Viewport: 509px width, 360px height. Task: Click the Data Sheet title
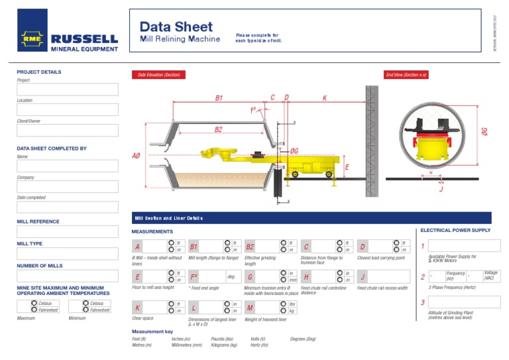(x=176, y=27)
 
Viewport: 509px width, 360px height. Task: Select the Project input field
(x=68, y=90)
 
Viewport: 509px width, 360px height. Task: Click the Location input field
(x=68, y=109)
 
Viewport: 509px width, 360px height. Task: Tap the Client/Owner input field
(x=68, y=131)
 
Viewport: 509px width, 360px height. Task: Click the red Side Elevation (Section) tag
(x=158, y=75)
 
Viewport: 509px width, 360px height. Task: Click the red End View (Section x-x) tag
(x=406, y=75)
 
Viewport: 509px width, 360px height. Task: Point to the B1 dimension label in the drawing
(x=219, y=98)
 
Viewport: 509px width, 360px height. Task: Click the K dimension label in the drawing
(x=324, y=98)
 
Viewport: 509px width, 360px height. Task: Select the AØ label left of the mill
(x=137, y=156)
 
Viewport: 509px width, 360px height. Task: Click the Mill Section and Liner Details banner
(x=169, y=218)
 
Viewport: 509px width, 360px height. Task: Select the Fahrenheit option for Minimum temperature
(x=84, y=310)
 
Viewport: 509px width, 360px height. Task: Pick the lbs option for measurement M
(x=283, y=304)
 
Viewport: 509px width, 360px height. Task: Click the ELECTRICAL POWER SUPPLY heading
(x=456, y=231)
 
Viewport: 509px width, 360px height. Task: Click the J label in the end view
(x=441, y=188)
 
